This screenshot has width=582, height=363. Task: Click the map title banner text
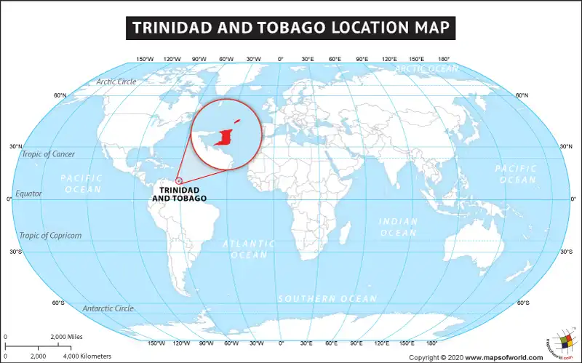pos(291,28)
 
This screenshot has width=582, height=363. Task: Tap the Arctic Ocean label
pos(426,69)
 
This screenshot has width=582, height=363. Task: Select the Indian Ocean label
pos(398,227)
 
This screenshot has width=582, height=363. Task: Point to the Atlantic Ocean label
pos(249,249)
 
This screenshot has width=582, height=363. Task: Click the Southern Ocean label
pos(327,299)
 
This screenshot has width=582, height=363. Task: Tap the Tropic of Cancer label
pos(48,154)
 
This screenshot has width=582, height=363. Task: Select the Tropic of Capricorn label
pos(50,236)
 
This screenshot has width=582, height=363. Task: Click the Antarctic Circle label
pos(108,308)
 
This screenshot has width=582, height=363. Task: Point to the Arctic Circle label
pos(116,81)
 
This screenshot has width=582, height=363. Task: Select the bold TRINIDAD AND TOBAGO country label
pos(179,194)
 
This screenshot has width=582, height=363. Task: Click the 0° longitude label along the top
pos(281,59)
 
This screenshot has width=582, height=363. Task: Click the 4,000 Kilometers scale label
pos(87,356)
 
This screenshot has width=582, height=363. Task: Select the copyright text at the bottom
pos(476,357)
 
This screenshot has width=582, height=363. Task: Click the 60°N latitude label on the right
pos(522,95)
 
